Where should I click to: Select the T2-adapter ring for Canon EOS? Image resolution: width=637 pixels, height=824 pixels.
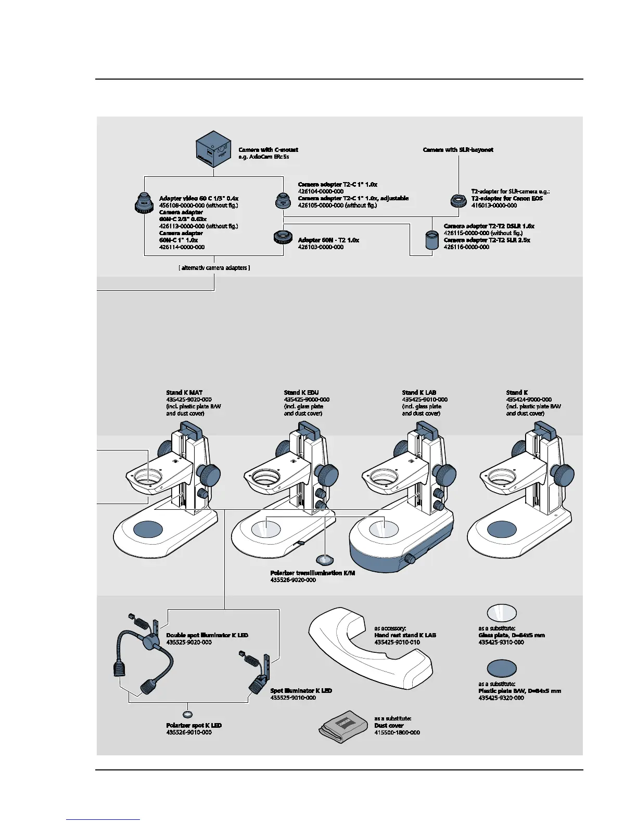tap(458, 200)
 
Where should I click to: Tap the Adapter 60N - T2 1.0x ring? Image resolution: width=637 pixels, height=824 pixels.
tap(283, 238)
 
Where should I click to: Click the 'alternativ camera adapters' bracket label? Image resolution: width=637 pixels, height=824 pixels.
tap(214, 268)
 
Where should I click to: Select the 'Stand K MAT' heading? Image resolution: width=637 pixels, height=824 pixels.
tap(184, 393)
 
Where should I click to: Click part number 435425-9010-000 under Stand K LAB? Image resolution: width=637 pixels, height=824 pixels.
tap(424, 400)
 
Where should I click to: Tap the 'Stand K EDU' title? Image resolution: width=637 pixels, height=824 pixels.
tap(301, 393)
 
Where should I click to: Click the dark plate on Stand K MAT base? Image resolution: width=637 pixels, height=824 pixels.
tap(148, 530)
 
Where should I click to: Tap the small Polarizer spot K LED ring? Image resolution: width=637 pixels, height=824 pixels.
tap(188, 715)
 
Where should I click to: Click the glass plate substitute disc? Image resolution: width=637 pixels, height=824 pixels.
tap(502, 613)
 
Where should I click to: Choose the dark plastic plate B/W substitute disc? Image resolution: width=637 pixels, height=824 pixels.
tap(502, 668)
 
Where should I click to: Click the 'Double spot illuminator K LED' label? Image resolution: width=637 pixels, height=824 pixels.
tap(207, 635)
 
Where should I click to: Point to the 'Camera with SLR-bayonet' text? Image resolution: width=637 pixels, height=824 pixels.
tap(458, 150)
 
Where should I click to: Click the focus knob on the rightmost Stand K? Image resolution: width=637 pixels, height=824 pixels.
tap(563, 475)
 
